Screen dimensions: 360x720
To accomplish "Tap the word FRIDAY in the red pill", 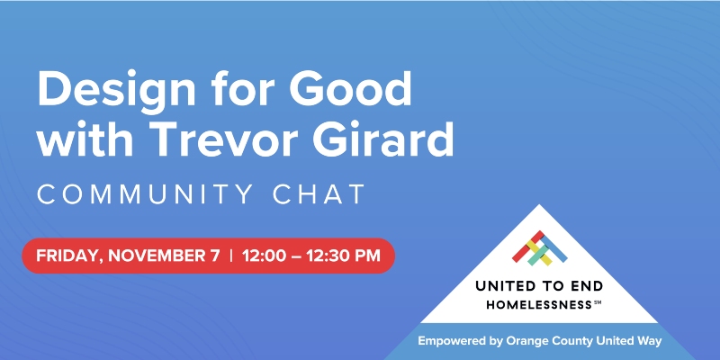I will click(x=67, y=256).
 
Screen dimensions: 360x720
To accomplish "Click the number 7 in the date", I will click(x=214, y=256).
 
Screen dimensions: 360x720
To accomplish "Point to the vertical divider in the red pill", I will click(x=231, y=256).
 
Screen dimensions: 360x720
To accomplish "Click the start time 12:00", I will click(x=266, y=256).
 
